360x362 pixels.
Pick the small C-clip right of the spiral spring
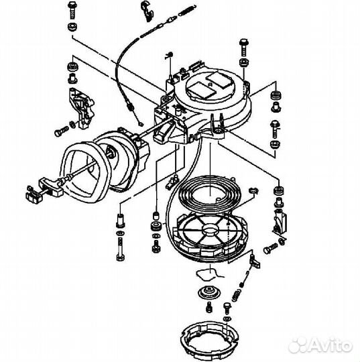pos(252,192)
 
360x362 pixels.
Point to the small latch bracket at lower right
pos(279,221)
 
